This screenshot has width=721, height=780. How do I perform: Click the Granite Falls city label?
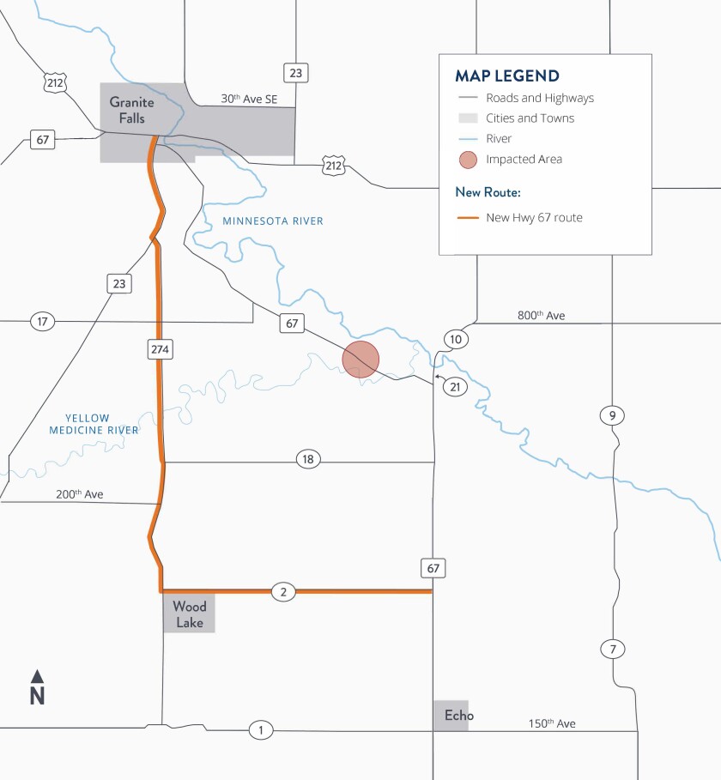point(132,111)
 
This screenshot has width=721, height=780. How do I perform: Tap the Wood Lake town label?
point(190,614)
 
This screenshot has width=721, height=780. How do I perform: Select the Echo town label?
point(458,715)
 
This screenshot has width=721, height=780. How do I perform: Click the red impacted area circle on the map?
point(360,360)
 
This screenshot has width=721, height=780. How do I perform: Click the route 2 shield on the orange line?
point(283,591)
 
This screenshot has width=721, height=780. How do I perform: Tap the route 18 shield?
point(308,459)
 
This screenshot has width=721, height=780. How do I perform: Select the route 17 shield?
point(41,322)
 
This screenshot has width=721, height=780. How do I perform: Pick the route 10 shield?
point(456,340)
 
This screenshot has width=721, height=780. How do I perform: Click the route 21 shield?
point(456,387)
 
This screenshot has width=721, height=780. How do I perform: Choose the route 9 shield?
point(612,416)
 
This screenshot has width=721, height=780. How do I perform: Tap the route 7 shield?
point(612,649)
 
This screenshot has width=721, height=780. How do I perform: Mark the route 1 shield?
point(260,730)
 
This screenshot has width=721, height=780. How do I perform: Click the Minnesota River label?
point(273,221)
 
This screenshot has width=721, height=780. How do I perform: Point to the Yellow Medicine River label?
point(94,424)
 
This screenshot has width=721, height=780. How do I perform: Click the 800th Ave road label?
point(541,316)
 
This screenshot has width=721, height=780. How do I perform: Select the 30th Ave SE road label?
point(250,99)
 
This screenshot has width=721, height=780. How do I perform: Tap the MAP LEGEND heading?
point(507,76)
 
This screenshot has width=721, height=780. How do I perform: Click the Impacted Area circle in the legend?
point(468,160)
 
